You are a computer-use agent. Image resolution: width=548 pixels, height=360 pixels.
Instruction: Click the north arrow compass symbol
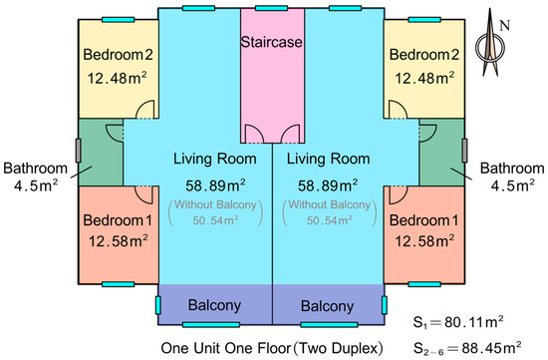coord(490,43)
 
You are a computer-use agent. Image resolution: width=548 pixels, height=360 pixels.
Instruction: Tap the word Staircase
coord(272,42)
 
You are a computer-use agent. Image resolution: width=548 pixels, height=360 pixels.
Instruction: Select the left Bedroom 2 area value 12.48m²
coord(117,78)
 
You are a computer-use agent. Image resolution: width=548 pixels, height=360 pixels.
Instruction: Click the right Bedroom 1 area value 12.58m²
coord(424,241)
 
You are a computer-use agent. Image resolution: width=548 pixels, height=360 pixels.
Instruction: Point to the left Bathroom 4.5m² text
coord(35,177)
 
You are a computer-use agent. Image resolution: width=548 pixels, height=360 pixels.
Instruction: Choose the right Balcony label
coord(327,306)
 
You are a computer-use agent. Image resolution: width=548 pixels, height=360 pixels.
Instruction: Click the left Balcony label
coord(214,305)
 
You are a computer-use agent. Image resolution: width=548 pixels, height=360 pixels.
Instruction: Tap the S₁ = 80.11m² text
coord(458,322)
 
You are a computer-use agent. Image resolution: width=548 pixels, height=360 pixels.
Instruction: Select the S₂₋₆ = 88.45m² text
coord(467,348)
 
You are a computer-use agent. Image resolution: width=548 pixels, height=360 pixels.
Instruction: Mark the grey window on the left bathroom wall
coord(79,151)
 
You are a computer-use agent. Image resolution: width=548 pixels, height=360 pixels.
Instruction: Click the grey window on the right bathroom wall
coord(464,151)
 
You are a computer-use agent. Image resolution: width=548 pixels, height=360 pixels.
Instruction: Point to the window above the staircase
coord(272,8)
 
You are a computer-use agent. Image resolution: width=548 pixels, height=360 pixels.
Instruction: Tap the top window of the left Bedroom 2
coord(119,20)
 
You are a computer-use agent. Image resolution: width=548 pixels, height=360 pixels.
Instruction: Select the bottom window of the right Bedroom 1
coord(424,284)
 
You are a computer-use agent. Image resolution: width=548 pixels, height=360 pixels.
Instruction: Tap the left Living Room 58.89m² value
coord(215,185)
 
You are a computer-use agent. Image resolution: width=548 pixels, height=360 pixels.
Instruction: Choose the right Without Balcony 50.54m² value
coord(329,212)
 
